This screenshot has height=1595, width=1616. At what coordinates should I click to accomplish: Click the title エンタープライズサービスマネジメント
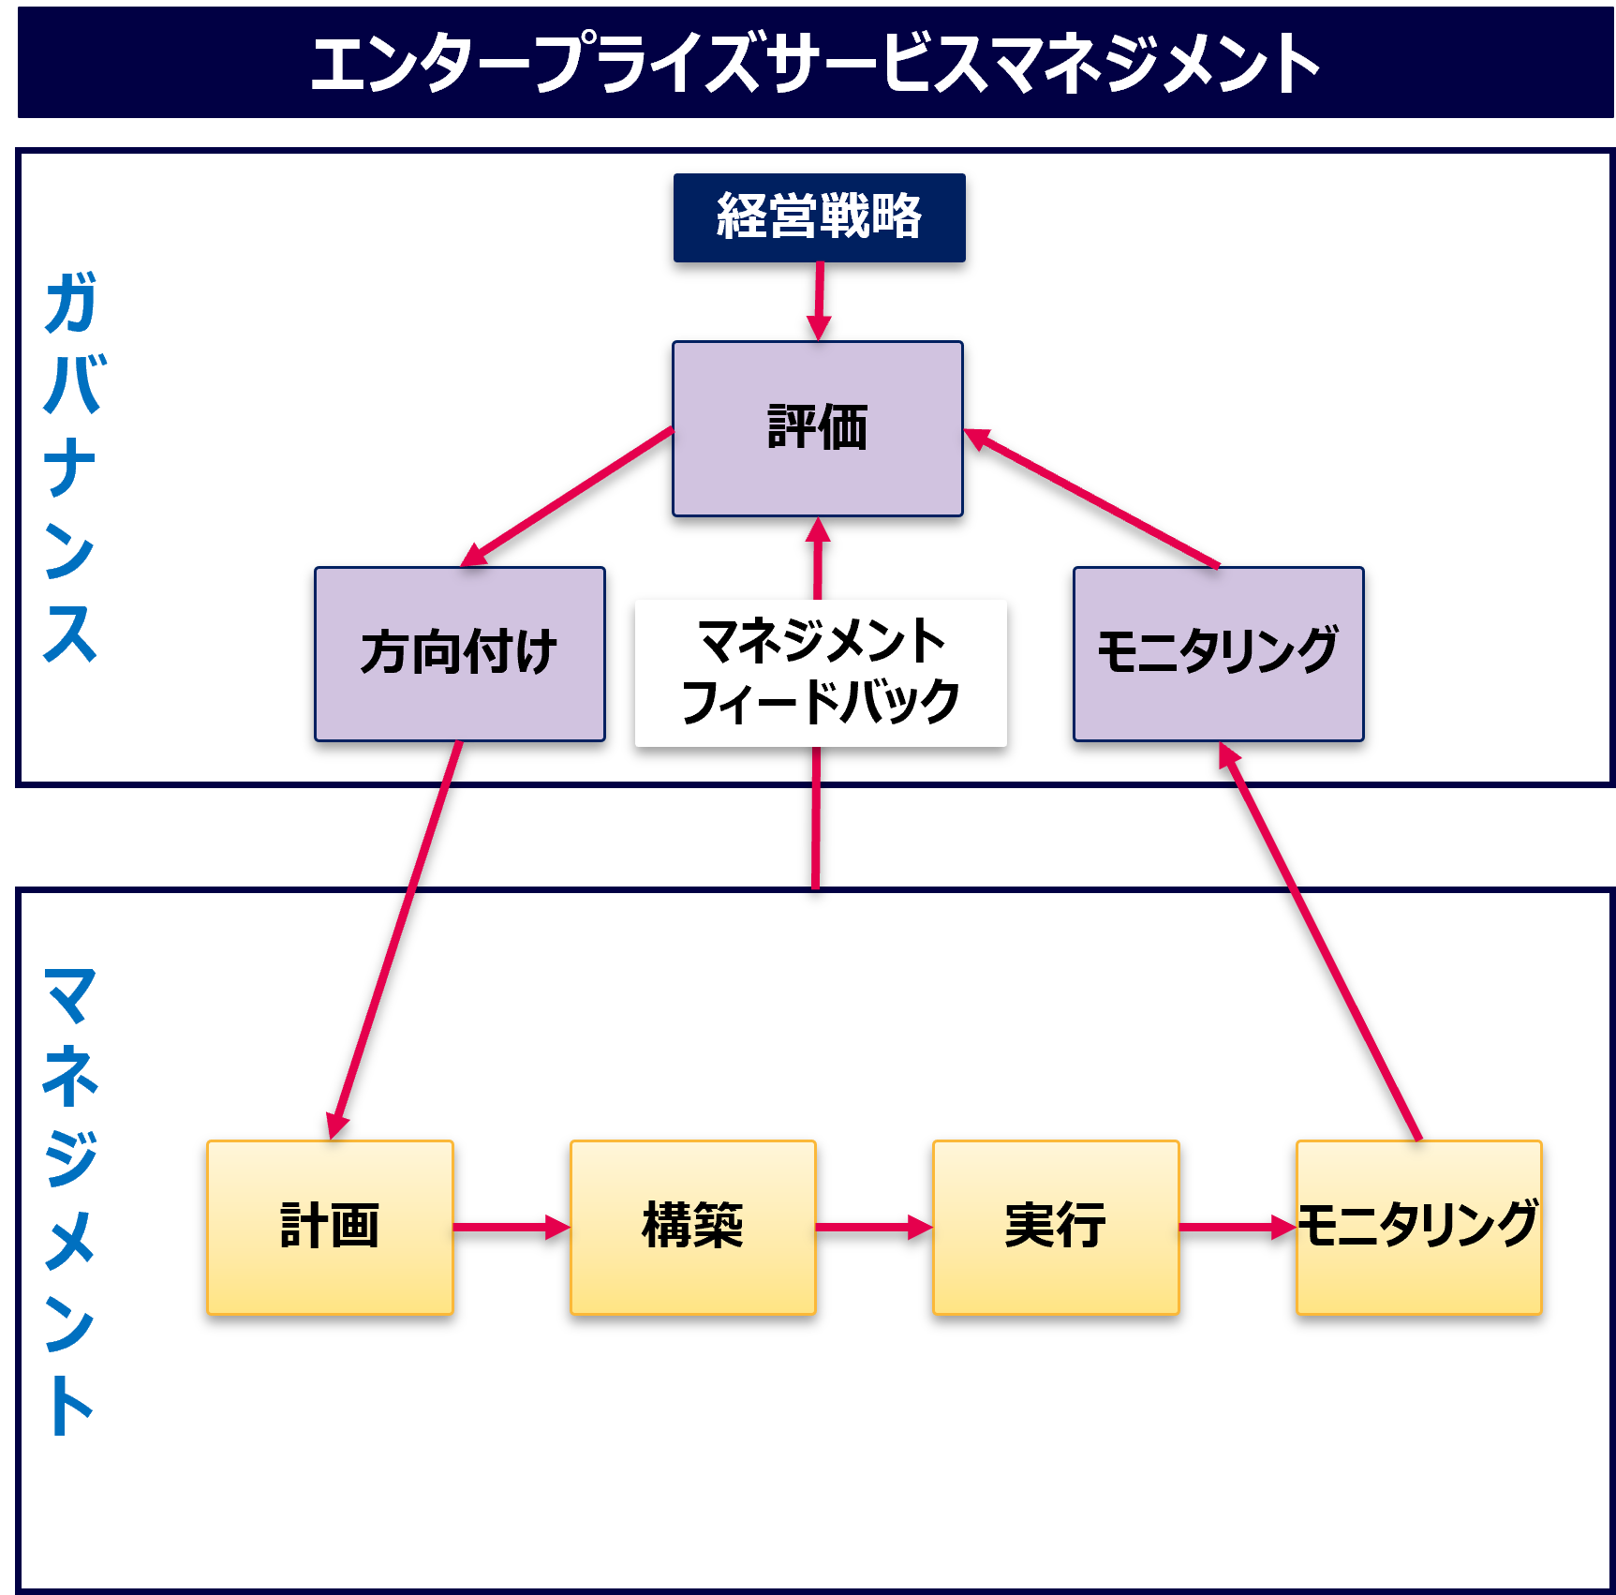[x=815, y=63]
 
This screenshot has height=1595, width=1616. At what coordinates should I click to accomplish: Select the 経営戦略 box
[x=819, y=217]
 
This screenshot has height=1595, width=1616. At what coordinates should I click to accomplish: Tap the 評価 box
[x=817, y=428]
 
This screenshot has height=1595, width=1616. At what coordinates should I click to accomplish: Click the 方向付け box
[x=459, y=653]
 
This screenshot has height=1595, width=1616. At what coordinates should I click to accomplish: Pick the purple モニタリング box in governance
[x=1218, y=653]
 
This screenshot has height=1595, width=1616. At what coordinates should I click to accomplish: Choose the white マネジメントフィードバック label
[x=821, y=673]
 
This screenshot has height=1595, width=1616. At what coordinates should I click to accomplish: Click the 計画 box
[x=330, y=1227]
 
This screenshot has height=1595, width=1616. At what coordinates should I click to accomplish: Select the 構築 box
[x=692, y=1227]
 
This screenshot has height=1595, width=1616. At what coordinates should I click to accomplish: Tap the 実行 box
[x=1056, y=1227]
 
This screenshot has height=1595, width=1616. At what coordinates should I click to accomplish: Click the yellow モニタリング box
[x=1418, y=1227]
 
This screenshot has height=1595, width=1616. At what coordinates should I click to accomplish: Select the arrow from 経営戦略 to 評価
[x=819, y=300]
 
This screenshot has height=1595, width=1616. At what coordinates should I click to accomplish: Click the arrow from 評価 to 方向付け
[x=568, y=497]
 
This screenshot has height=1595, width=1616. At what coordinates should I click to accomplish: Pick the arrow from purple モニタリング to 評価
[x=1092, y=498]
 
